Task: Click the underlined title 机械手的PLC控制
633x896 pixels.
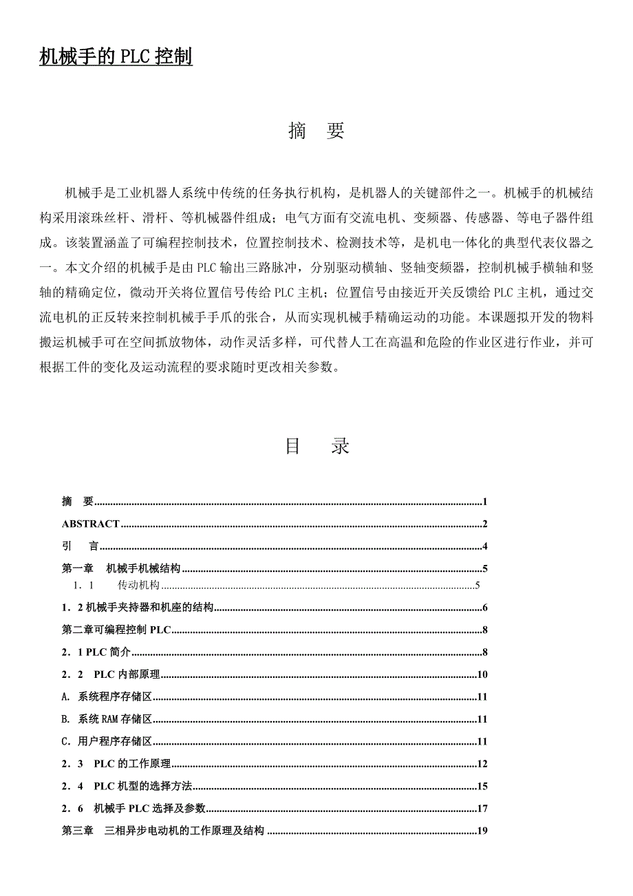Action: pyautogui.click(x=116, y=57)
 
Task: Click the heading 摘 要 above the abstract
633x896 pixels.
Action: pyautogui.click(x=316, y=131)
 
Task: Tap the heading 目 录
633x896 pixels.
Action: pyautogui.click(x=317, y=446)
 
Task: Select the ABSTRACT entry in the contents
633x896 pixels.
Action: pyautogui.click(x=91, y=524)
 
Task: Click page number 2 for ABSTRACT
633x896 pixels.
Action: pyautogui.click(x=484, y=524)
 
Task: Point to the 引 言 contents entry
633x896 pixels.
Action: pyautogui.click(x=81, y=547)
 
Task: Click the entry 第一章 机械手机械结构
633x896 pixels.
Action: pyautogui.click(x=121, y=569)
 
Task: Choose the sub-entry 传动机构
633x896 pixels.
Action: pyautogui.click(x=138, y=586)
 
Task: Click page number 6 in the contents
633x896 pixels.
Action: pyautogui.click(x=484, y=608)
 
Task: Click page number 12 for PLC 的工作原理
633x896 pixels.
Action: pyautogui.click(x=482, y=764)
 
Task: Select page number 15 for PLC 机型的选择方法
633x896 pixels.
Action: pyautogui.click(x=482, y=786)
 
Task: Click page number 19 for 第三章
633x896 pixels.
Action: pyautogui.click(x=482, y=831)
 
